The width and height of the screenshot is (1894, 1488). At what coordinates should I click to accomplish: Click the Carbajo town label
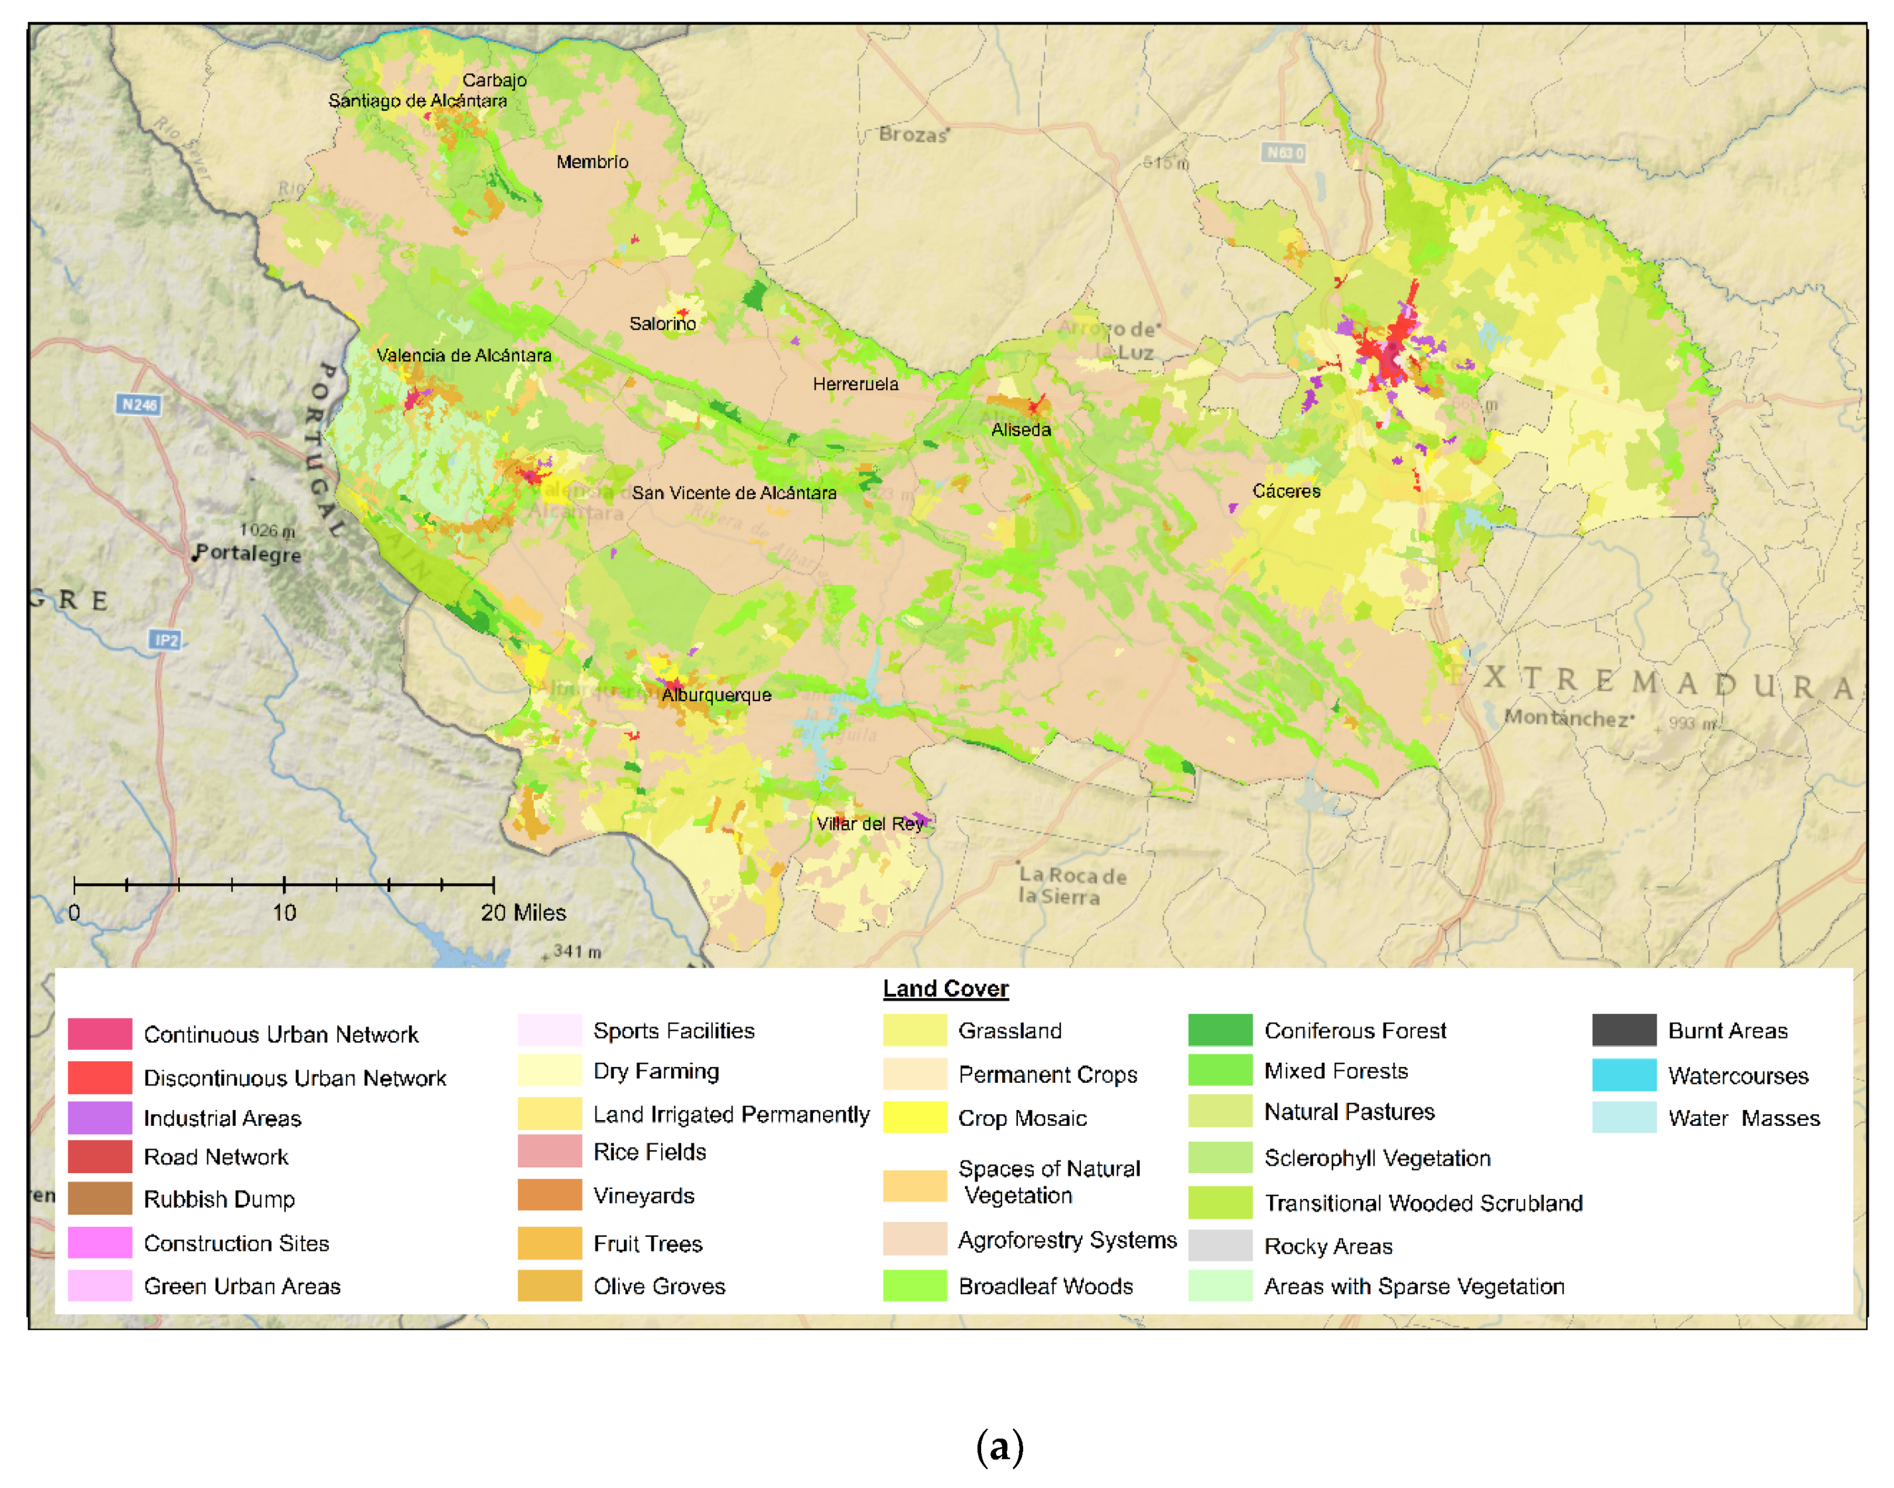click(494, 80)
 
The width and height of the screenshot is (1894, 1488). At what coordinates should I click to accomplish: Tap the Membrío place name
click(592, 162)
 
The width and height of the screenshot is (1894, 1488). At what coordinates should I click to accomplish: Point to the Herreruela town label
click(855, 384)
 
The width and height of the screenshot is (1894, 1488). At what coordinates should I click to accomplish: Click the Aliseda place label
click(1021, 429)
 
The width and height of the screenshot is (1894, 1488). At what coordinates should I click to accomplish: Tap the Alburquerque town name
click(716, 695)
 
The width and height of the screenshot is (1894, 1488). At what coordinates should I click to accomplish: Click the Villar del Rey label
click(869, 823)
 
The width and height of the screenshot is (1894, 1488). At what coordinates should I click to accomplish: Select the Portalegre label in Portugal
click(248, 554)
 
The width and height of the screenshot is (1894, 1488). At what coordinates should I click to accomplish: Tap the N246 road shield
click(138, 404)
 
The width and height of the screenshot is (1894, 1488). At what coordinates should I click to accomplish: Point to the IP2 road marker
click(165, 640)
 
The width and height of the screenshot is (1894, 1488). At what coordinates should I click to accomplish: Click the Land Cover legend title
click(945, 989)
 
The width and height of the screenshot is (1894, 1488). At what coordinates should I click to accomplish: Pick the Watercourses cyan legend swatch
click(1623, 1075)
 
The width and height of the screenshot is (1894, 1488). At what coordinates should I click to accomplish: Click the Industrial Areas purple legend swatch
click(99, 1118)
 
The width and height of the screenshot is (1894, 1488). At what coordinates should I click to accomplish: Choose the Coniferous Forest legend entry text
click(1354, 1031)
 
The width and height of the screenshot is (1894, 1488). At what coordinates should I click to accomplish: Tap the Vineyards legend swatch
click(549, 1195)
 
